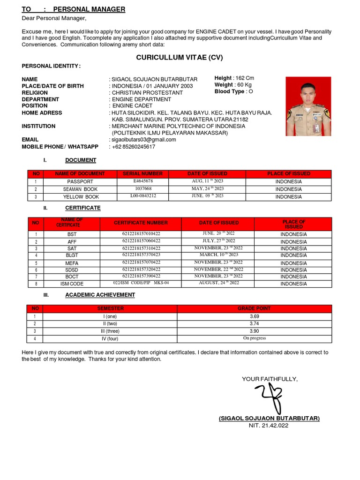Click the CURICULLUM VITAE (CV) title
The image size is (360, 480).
[180, 58]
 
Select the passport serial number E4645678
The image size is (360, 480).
[142, 181]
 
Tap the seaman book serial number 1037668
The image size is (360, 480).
[142, 189]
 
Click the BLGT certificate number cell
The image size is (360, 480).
[141, 255]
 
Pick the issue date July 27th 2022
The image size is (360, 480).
[218, 241]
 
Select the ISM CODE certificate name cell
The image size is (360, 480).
[72, 284]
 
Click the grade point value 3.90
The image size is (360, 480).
[254, 331]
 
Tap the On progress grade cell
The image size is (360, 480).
[254, 338]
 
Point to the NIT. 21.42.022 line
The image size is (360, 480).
[269, 426]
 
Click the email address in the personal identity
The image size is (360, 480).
[143, 140]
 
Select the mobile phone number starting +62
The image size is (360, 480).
[133, 147]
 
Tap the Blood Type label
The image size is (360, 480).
[230, 92]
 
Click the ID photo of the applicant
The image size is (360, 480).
[308, 106]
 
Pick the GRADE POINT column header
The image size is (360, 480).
[254, 308]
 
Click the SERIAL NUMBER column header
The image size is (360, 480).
[142, 174]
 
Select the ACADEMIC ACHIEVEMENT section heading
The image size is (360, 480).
[100, 295]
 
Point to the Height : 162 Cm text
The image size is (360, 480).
[234, 78]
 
